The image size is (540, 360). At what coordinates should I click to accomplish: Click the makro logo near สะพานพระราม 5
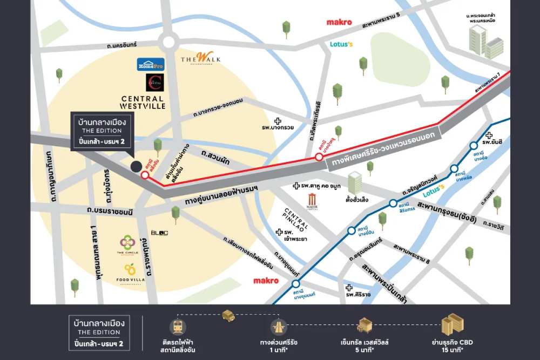point(339,22)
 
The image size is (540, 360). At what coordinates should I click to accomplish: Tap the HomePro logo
point(151,64)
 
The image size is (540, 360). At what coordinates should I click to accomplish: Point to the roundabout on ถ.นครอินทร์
point(168,41)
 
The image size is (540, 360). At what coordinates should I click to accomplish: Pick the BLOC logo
point(159,233)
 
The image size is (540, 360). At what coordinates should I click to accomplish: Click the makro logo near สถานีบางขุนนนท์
point(266,281)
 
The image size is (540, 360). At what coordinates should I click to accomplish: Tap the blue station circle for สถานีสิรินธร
point(393,203)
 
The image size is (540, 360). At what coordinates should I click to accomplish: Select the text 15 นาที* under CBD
point(452,350)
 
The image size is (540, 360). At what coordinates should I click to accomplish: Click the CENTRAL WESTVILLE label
point(143,102)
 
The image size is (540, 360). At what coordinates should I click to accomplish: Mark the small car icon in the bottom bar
point(228,315)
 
